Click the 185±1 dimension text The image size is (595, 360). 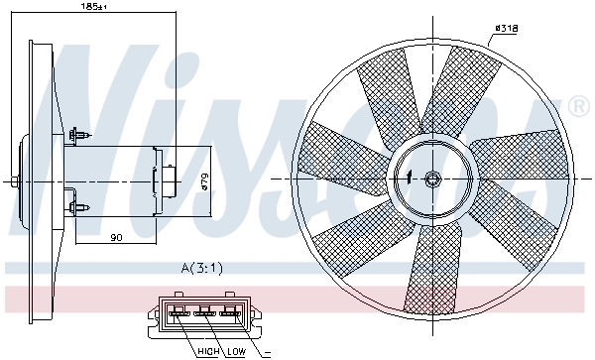(x=93, y=7)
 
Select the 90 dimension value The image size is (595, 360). (x=116, y=236)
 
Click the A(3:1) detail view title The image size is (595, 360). (x=202, y=268)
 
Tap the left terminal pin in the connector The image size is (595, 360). (x=179, y=314)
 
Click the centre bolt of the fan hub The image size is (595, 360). (x=432, y=179)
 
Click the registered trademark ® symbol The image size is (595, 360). (x=578, y=105)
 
